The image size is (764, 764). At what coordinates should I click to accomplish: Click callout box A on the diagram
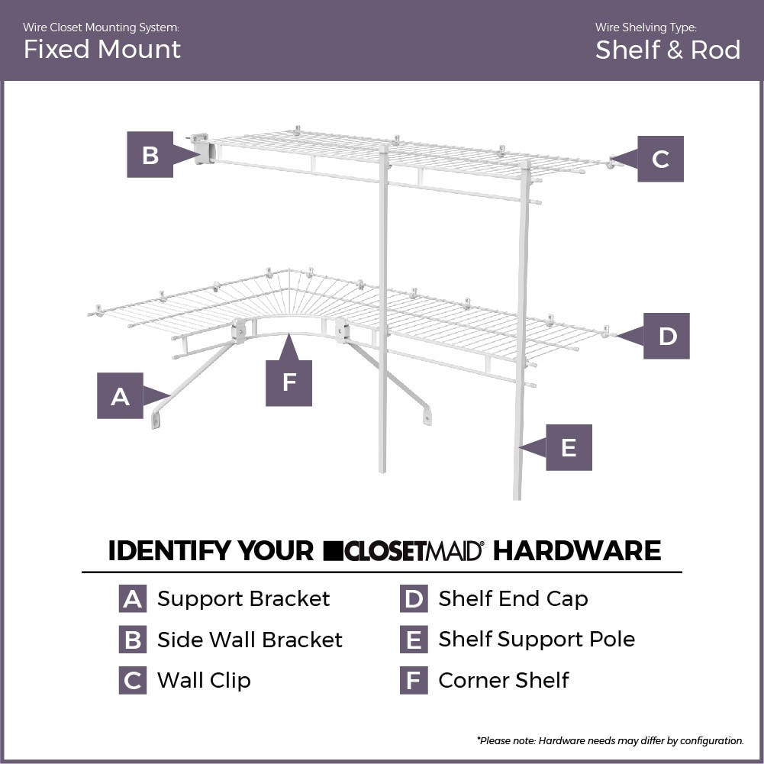pyautogui.click(x=120, y=396)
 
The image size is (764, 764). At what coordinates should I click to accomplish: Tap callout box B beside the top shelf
pyautogui.click(x=150, y=155)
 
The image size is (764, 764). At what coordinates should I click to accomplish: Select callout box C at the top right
pyautogui.click(x=660, y=159)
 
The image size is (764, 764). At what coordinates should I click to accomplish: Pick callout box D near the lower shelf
pyautogui.click(x=666, y=336)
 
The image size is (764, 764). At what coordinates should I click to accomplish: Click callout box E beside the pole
pyautogui.click(x=569, y=447)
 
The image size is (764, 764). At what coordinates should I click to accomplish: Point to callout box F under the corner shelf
pyautogui.click(x=289, y=382)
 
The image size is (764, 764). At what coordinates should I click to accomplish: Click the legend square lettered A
pyautogui.click(x=132, y=599)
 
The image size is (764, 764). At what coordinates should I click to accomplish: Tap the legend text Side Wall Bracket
pyautogui.click(x=250, y=640)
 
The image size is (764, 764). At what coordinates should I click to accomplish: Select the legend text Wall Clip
pyautogui.click(x=204, y=680)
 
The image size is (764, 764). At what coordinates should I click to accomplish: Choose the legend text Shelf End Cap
pyautogui.click(x=513, y=599)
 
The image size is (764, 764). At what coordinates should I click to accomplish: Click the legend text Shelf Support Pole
pyautogui.click(x=537, y=640)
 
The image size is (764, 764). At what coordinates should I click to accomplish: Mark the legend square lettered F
pyautogui.click(x=413, y=680)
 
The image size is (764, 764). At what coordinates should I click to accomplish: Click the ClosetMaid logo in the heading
pyautogui.click(x=403, y=550)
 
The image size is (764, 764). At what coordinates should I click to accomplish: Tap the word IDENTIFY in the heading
pyautogui.click(x=211, y=550)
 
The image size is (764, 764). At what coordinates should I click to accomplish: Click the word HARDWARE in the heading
pyautogui.click(x=576, y=550)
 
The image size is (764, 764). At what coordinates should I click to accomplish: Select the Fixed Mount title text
pyautogui.click(x=102, y=50)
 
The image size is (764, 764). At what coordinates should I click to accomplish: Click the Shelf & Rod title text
pyautogui.click(x=667, y=50)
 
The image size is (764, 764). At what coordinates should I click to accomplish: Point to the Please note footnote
pyautogui.click(x=610, y=740)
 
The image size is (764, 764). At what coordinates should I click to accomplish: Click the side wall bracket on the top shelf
pyautogui.click(x=201, y=149)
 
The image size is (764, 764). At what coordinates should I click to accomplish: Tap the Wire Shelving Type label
pyautogui.click(x=646, y=27)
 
